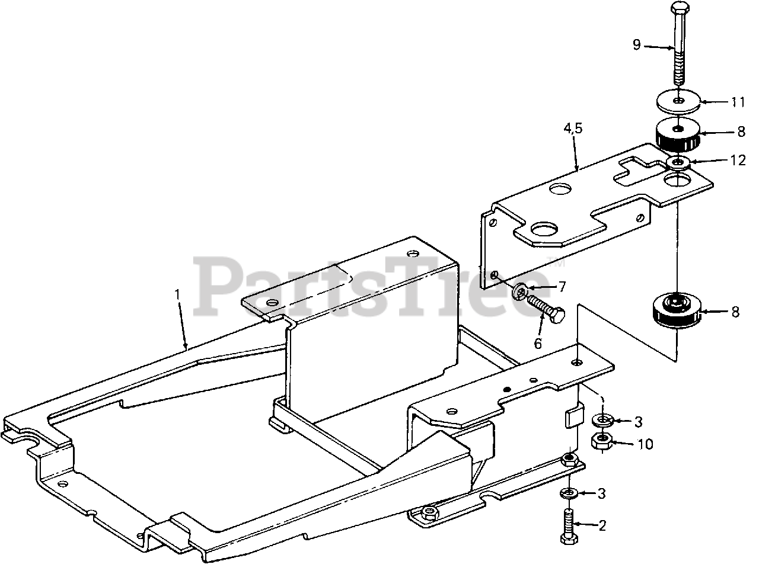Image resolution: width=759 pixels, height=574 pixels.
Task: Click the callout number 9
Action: [636, 44]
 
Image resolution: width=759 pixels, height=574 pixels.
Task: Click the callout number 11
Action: [737, 102]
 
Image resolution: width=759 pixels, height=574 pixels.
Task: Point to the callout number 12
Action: [738, 161]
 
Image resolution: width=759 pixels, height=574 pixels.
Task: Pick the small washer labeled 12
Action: [677, 161]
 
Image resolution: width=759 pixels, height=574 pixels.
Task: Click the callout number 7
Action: [561, 287]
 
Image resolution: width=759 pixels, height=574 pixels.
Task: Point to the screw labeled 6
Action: [543, 309]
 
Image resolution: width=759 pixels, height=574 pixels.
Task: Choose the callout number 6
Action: [538, 343]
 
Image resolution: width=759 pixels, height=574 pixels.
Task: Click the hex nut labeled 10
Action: [603, 441]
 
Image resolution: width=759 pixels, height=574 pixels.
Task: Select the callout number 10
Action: [645, 443]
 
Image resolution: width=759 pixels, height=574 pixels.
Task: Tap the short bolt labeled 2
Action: [569, 525]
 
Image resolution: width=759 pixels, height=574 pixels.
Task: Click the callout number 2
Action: [602, 525]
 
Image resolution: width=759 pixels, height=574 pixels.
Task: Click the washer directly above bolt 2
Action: [569, 493]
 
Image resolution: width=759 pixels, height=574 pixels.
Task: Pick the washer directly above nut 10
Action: [603, 420]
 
